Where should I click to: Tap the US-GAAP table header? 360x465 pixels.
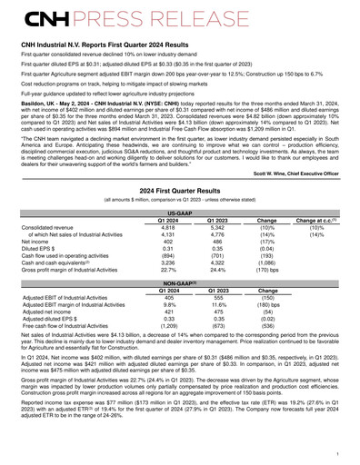tap(180, 235)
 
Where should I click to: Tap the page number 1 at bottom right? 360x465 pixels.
tap(337, 451)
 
